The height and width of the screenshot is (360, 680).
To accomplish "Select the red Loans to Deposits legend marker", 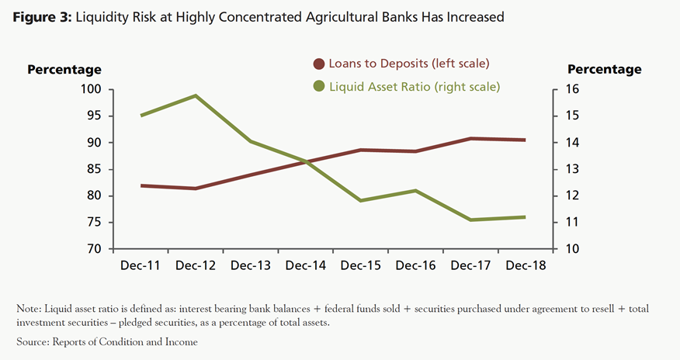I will [x=318, y=63].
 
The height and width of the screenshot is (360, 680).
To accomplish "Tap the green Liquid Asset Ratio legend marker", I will [x=318, y=86].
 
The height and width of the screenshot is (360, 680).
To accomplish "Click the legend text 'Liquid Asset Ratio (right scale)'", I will [x=415, y=86].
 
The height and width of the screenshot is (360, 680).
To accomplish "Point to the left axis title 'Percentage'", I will [x=64, y=69].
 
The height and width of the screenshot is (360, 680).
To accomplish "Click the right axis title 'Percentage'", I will [x=605, y=69].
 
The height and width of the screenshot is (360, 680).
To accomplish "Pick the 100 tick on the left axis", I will [x=92, y=90].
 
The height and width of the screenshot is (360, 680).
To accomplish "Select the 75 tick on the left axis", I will [x=95, y=223].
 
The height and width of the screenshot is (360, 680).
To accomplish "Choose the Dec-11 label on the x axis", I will [x=141, y=265].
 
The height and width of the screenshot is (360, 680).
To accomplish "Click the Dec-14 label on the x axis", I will [x=305, y=265].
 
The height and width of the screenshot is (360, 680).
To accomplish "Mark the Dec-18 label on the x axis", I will [x=525, y=265].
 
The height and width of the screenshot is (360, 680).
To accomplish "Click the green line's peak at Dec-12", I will [x=195, y=95].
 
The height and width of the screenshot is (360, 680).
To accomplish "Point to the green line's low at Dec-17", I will [x=470, y=220].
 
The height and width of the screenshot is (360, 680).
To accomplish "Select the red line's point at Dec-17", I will [x=470, y=138].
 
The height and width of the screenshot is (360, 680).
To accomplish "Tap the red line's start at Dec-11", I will [x=141, y=185].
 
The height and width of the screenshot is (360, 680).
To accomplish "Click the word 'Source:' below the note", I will [x=35, y=342].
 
